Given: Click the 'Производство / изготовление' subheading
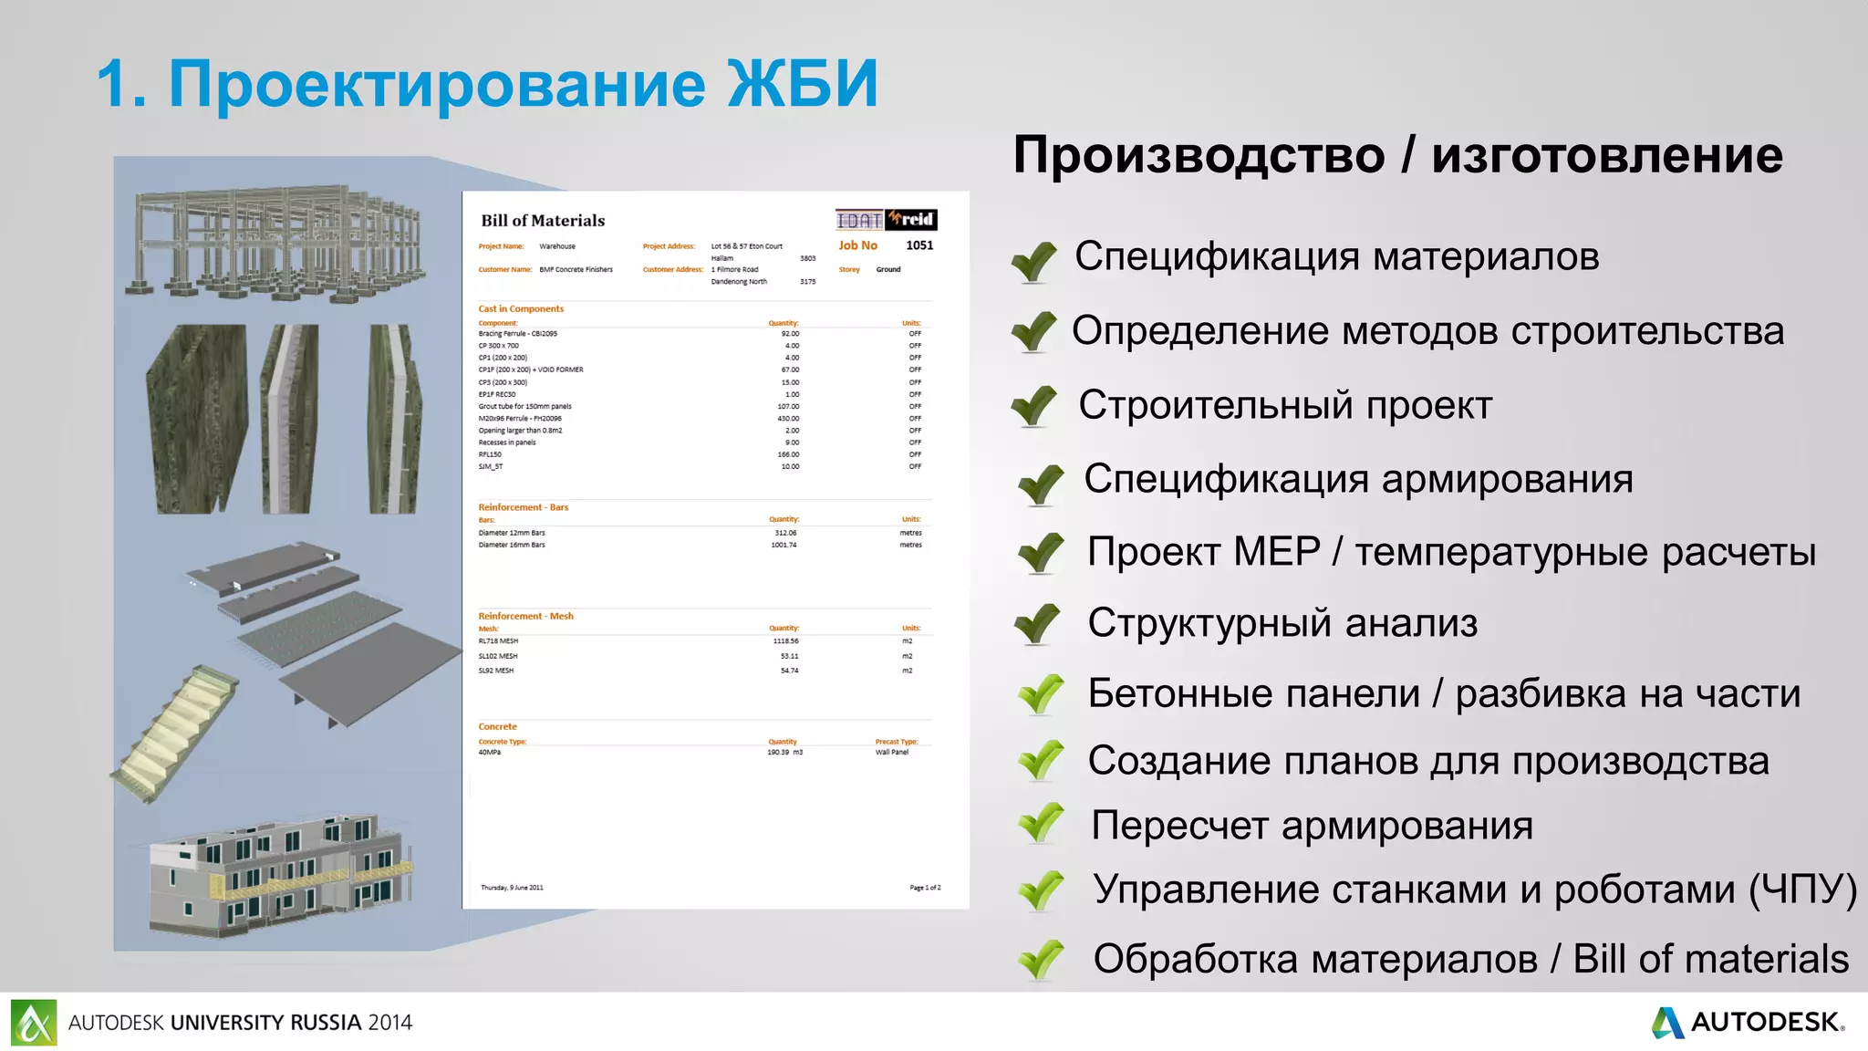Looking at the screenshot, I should click(x=1397, y=155).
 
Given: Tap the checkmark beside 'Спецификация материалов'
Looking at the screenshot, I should click(x=1033, y=261).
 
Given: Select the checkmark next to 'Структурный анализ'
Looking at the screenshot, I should click(x=1037, y=625).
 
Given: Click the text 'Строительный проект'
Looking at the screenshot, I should click(x=1285, y=405).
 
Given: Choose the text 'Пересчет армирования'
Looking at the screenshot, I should click(x=1312, y=826).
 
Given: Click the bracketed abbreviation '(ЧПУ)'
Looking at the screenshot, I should click(x=1802, y=890).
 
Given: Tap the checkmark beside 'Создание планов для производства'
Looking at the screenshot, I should click(x=1041, y=760).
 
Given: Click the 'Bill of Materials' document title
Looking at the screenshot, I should click(x=543, y=221).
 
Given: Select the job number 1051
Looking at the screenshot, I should click(x=919, y=245).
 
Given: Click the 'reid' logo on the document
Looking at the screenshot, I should click(x=911, y=220).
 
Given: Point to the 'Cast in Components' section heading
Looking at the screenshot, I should click(x=521, y=309).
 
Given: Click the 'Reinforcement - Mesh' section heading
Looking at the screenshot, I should click(x=525, y=617).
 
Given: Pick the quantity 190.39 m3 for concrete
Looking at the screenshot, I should click(x=784, y=753).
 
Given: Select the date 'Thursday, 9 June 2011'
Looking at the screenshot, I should click(x=512, y=888).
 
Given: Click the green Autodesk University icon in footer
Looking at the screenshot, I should click(x=34, y=1023).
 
